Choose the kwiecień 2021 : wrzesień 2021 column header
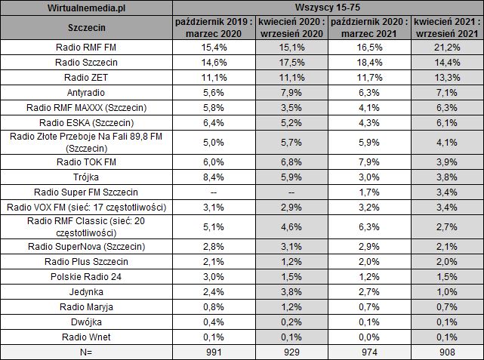tap(449, 28)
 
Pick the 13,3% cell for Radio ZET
tap(449, 78)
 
